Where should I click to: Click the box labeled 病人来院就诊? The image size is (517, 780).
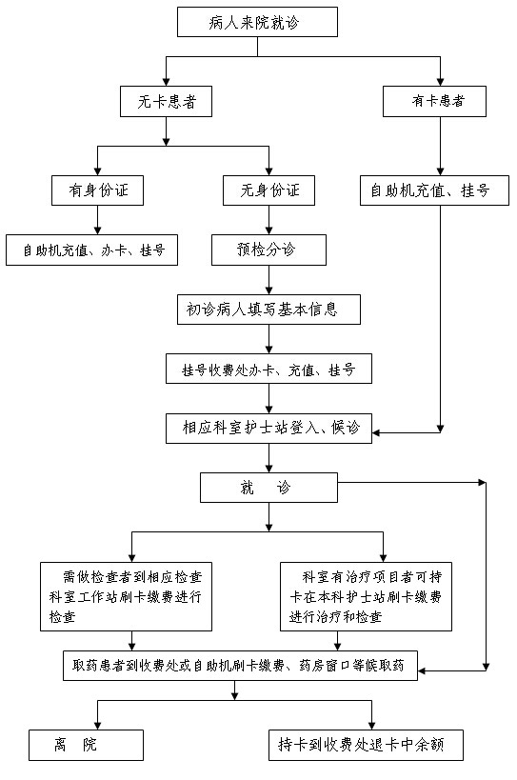257,22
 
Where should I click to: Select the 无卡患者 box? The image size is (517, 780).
166,102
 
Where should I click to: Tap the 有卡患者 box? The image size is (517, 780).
434,102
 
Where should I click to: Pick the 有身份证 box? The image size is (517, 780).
97,190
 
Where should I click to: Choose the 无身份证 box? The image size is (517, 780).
268,190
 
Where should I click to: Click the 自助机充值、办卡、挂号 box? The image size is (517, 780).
92,250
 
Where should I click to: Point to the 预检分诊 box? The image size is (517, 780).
268,250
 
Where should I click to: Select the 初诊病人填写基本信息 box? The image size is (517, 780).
268,310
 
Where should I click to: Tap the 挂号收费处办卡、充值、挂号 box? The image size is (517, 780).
268,369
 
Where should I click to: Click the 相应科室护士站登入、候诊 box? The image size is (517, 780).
268,428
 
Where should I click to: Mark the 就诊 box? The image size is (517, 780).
268,487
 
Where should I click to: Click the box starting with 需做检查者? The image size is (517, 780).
127,596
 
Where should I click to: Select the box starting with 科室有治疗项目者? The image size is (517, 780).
366,596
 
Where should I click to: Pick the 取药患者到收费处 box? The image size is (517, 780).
240,666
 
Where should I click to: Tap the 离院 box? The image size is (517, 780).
86,745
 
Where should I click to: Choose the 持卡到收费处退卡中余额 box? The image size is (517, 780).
366,745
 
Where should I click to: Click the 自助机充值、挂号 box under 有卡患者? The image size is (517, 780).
434,190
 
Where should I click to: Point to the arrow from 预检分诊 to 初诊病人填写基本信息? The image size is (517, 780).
268,280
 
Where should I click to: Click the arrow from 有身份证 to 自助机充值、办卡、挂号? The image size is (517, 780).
97,220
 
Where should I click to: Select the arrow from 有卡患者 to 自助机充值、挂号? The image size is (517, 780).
440,146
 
